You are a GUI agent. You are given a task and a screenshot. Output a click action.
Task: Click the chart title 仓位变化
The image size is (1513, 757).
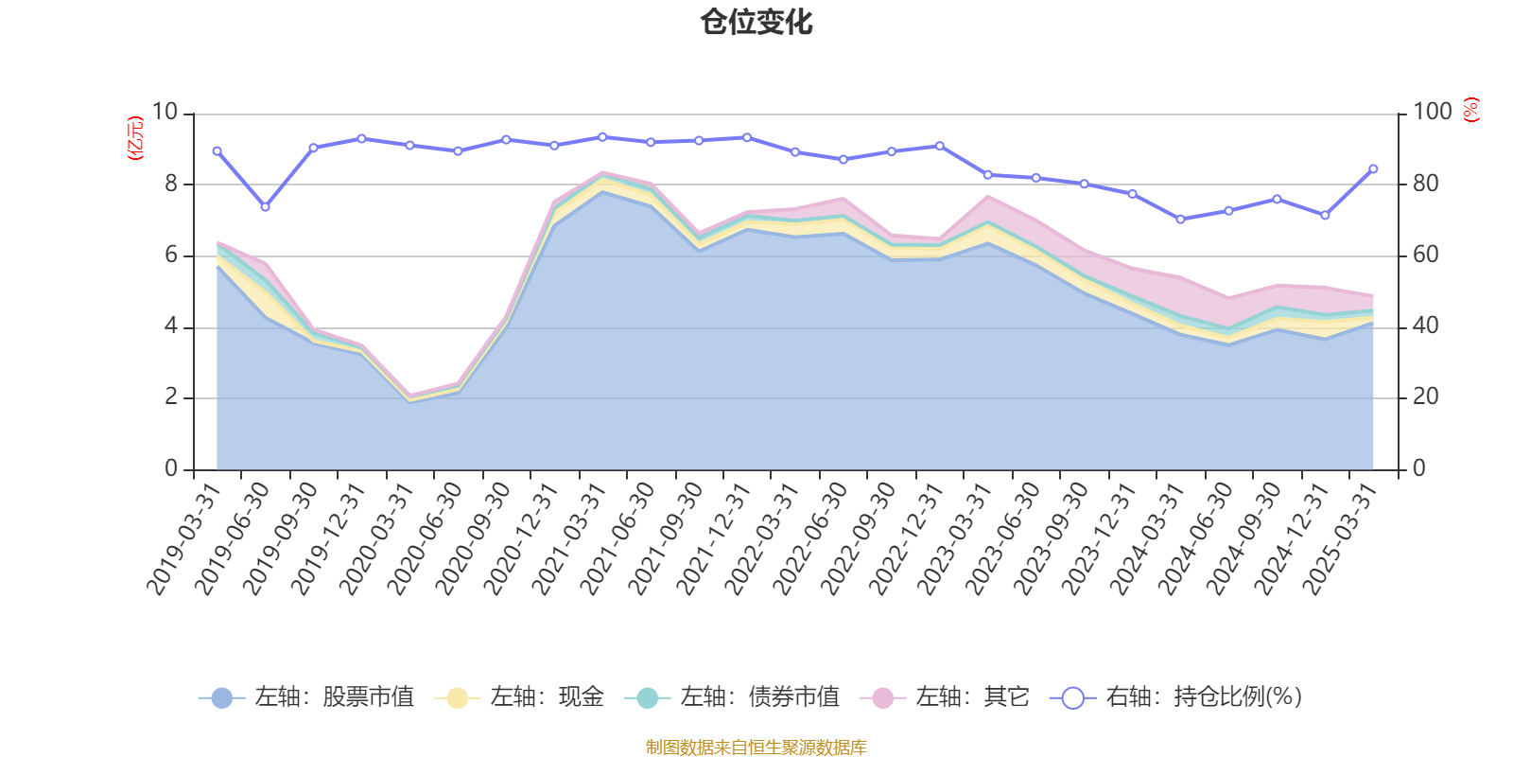(756, 22)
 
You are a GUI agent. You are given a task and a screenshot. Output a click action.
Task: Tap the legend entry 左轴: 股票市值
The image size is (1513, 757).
(306, 697)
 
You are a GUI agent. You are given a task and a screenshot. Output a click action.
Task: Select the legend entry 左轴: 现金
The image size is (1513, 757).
(519, 697)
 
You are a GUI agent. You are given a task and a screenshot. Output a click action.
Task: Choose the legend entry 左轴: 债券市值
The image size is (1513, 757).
(732, 697)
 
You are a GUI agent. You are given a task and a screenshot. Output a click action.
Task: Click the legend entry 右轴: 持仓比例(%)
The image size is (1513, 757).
(1176, 697)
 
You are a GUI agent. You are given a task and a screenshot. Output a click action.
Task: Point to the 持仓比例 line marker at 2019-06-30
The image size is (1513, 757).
(265, 206)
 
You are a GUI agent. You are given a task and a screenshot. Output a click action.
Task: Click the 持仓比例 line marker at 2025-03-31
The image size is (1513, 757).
(1373, 168)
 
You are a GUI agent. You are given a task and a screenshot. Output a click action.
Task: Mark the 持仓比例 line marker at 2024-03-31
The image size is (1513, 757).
(1180, 219)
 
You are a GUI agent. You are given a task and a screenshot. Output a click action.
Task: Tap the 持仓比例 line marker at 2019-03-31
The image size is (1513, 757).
(217, 150)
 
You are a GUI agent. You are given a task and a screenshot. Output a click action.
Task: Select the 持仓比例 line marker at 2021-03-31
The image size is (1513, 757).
(602, 136)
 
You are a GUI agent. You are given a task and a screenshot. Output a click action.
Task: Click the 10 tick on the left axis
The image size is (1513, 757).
(165, 112)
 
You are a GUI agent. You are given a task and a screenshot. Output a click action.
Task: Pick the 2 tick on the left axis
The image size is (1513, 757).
(171, 397)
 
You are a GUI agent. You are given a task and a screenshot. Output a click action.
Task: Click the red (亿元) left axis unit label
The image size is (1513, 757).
(136, 138)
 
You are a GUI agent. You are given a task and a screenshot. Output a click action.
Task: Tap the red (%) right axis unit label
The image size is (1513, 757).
(1471, 110)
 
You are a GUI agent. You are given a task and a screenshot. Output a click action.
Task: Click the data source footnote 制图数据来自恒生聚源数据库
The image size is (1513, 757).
(756, 748)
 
